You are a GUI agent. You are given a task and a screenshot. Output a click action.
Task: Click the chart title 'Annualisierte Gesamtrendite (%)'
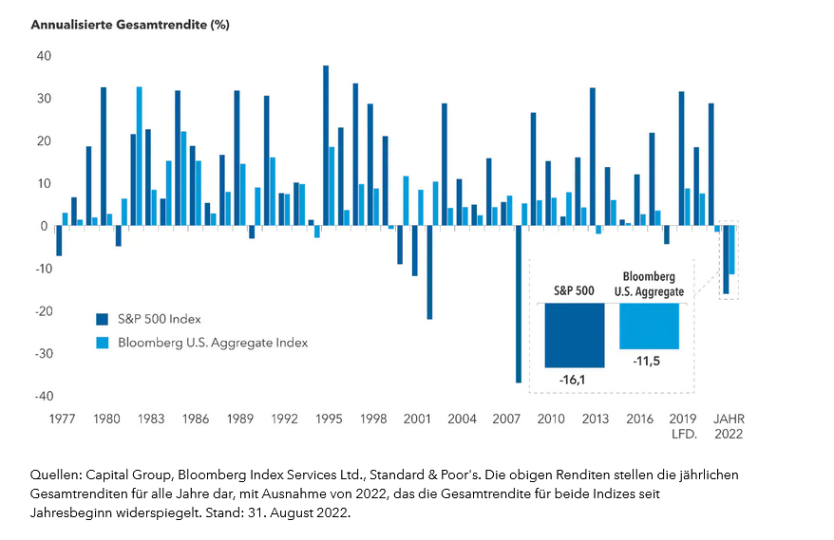tap(130, 25)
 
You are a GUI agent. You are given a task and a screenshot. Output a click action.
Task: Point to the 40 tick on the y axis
tap(43, 56)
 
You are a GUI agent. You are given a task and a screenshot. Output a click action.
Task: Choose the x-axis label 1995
tap(329, 419)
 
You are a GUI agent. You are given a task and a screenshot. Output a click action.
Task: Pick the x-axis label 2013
tap(595, 419)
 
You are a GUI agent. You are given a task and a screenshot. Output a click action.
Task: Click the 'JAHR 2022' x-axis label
tap(729, 426)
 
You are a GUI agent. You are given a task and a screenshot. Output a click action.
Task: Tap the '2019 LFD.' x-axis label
tap(683, 426)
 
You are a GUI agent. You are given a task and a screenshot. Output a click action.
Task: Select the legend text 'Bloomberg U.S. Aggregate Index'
tap(213, 342)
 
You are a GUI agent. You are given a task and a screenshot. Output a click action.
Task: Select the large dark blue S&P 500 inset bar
tap(574, 335)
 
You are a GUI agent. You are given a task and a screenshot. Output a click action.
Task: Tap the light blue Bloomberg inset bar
tap(649, 326)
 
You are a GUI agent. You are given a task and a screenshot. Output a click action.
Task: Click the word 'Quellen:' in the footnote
tap(56, 474)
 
